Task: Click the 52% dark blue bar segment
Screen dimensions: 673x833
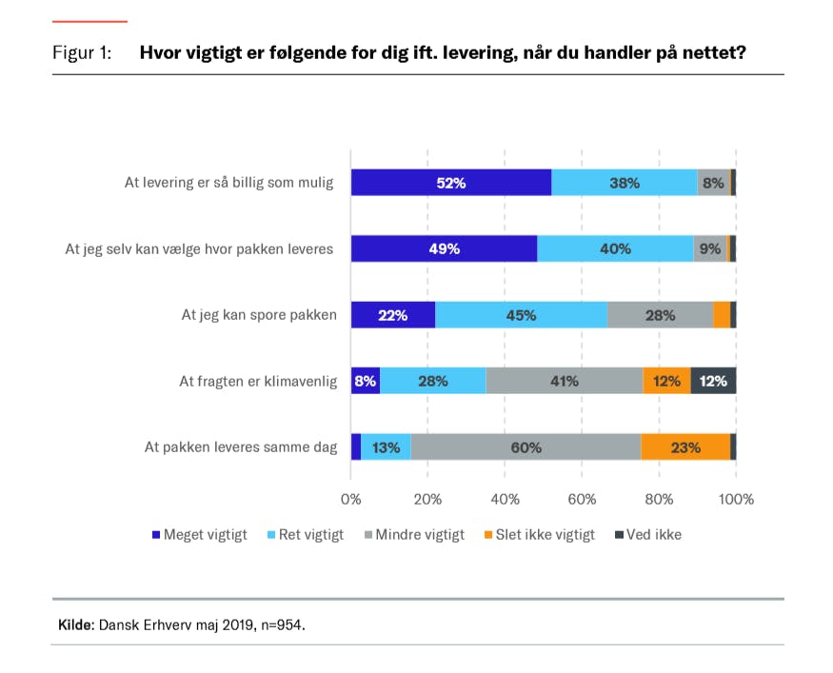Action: (451, 183)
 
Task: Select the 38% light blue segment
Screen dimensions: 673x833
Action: (624, 183)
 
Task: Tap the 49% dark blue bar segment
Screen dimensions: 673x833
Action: (444, 248)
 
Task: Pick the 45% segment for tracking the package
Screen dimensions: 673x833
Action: (521, 315)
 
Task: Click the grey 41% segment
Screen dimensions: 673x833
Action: (564, 381)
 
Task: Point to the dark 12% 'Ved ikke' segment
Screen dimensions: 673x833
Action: (713, 381)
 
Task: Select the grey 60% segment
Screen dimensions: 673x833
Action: (526, 446)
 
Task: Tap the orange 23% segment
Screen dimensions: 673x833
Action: (685, 446)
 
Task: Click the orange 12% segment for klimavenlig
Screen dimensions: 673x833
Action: (666, 381)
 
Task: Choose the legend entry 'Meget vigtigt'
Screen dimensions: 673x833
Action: (200, 535)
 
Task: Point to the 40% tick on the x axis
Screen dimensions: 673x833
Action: (505, 499)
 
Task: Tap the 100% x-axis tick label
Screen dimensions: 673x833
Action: (735, 499)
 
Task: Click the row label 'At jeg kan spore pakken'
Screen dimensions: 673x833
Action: (259, 315)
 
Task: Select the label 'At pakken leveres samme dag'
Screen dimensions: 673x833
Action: (241, 446)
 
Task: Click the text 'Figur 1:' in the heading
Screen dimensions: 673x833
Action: (82, 53)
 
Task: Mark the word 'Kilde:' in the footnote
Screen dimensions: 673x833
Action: (76, 626)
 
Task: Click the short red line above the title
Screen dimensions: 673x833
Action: (89, 21)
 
